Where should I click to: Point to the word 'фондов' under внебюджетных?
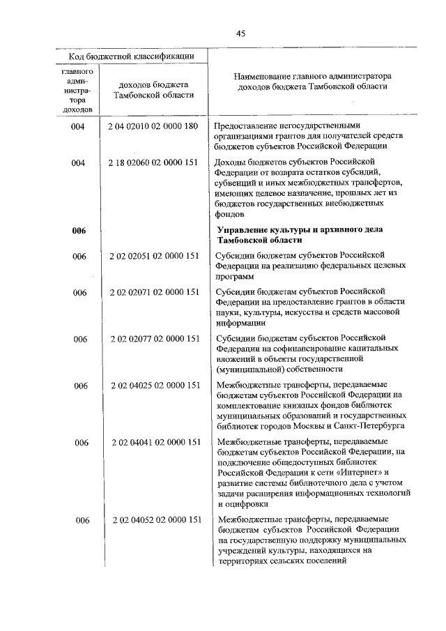pyautogui.click(x=231, y=215)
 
